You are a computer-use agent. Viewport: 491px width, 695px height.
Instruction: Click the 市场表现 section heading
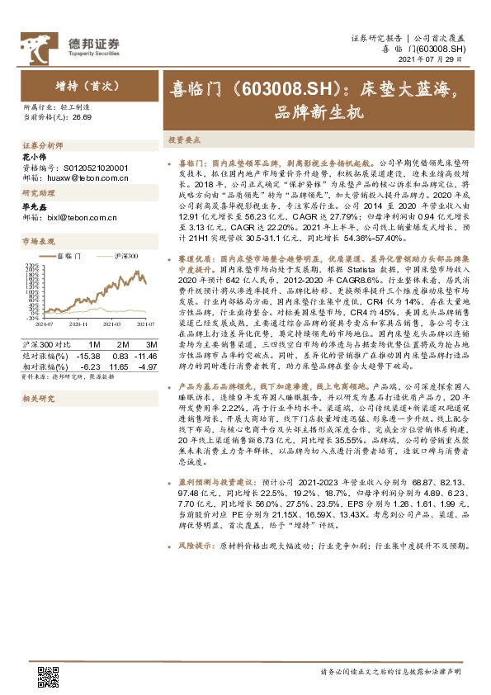[x=38, y=241]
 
